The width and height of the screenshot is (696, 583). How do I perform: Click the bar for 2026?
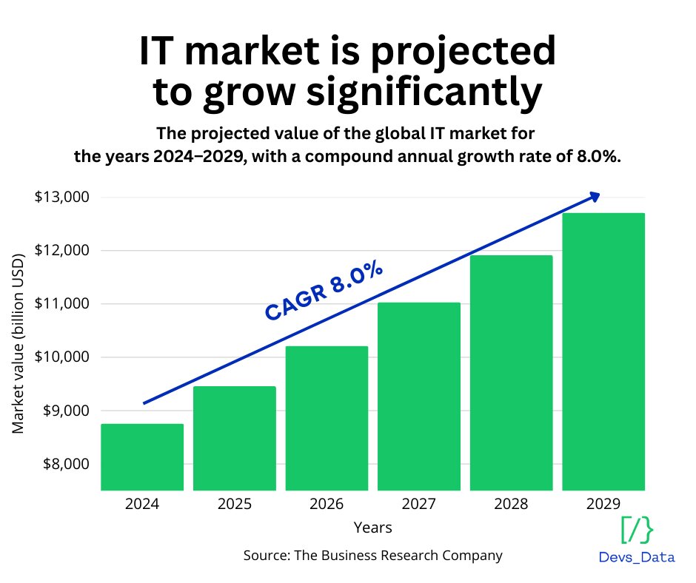coord(327,418)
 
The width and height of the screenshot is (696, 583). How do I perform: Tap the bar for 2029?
coord(603,351)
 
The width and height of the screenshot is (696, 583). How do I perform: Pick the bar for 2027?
coord(419,396)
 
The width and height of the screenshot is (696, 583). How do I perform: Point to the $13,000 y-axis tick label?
coord(61,198)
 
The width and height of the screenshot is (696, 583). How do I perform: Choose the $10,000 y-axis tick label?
coord(61,357)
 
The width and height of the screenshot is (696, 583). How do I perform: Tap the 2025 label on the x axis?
coord(234,505)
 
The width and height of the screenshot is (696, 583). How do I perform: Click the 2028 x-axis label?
coord(511,505)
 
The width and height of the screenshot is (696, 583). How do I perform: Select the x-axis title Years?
coord(372,528)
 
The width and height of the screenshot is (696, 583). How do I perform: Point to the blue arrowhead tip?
coord(598,195)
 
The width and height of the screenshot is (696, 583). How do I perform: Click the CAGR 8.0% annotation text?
coord(324,292)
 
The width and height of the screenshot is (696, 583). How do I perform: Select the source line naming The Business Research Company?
coord(372,555)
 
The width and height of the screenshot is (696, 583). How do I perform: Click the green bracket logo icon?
coord(637,530)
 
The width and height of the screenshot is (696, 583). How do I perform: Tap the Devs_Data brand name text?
coord(637,557)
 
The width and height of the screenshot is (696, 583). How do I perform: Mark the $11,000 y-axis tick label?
coord(61,304)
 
